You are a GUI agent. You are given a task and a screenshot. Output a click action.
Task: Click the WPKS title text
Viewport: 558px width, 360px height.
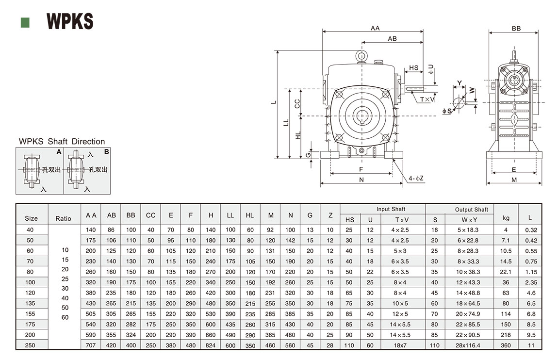pos(70,21)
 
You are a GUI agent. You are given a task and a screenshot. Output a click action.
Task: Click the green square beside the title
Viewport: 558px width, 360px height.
pos(25,22)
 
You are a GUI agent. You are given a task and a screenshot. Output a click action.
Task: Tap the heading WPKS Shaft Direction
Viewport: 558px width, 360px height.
pos(62,142)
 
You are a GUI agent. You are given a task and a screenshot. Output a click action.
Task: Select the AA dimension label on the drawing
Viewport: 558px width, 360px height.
pos(375,28)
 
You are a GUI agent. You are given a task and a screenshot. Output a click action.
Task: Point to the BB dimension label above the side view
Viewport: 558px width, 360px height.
pos(516,29)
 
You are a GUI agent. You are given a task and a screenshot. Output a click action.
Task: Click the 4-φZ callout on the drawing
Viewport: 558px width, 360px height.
pos(416,178)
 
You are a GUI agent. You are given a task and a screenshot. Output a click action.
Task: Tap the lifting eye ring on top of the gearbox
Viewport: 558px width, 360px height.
pos(361,57)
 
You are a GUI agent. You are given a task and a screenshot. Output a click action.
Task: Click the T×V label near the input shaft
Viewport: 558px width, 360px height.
pos(427,99)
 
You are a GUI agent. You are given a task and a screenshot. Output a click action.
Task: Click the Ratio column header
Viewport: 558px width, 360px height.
pos(64,219)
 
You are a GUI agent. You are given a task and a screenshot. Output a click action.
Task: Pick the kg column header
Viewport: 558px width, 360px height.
pos(506,219)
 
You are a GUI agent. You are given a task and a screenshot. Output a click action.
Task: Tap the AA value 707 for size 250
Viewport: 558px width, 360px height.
pos(91,345)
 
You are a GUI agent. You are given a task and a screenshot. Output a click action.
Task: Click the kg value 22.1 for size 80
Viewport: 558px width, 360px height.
pos(506,272)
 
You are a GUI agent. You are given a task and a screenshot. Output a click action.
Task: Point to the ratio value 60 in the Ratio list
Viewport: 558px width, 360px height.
pos(65,317)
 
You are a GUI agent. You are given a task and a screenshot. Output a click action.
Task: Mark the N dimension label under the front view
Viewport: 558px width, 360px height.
pos(361,180)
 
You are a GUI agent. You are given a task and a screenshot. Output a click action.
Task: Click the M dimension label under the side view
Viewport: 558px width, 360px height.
pos(514,180)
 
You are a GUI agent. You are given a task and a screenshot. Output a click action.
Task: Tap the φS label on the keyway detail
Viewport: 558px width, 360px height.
pos(447,111)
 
